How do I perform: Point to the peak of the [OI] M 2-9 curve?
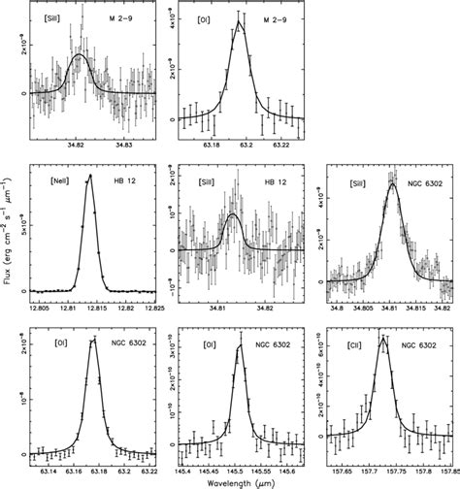239,23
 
